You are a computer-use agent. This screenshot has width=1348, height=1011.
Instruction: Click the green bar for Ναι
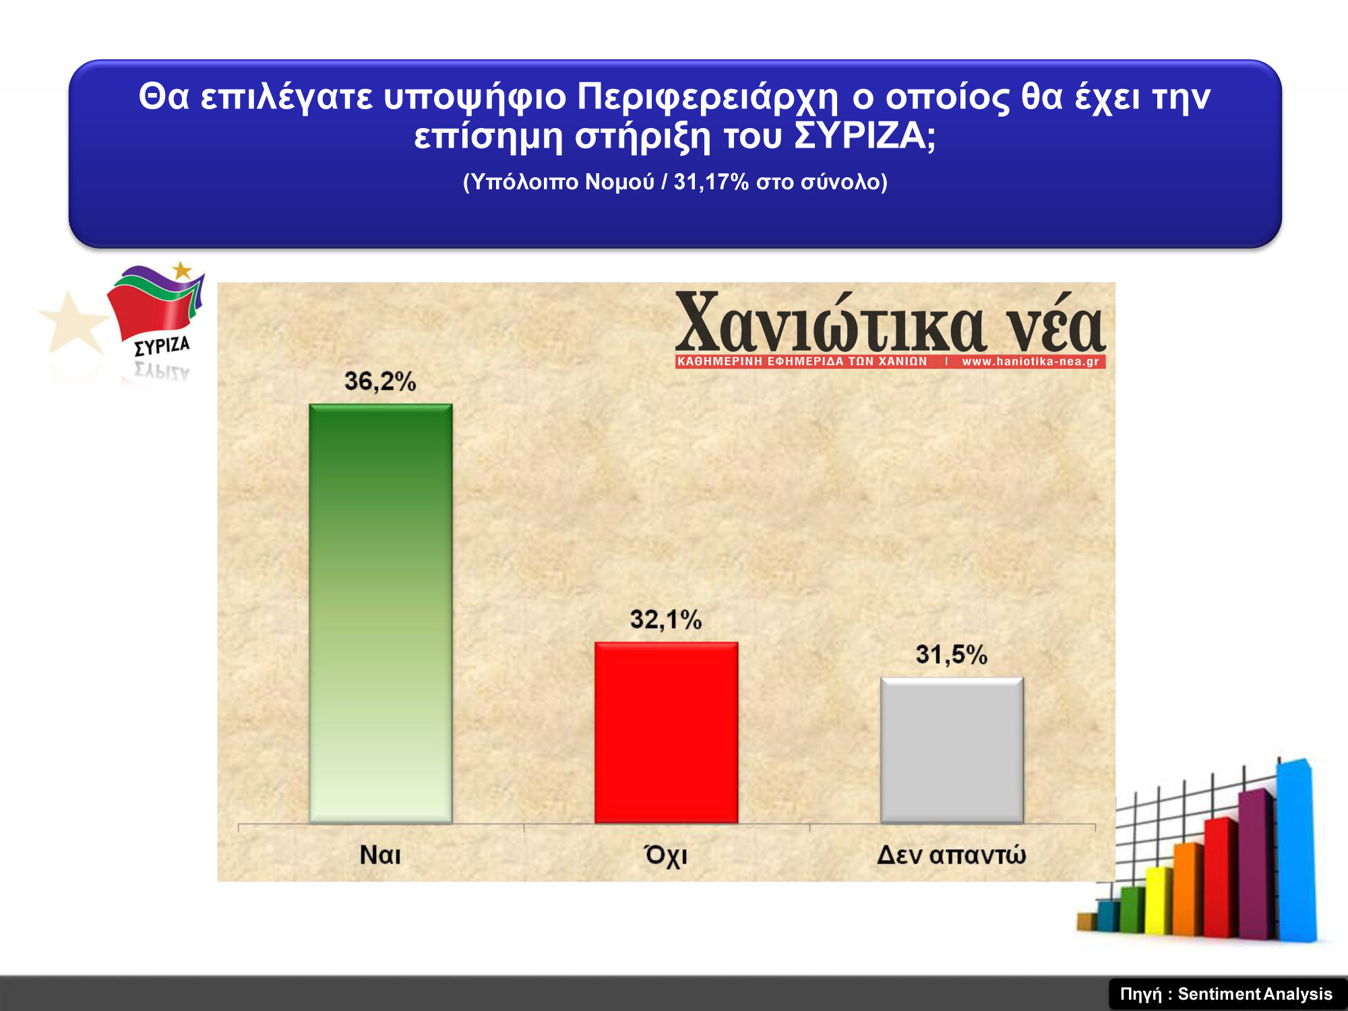381,613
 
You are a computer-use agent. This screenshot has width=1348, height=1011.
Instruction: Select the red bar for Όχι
667,733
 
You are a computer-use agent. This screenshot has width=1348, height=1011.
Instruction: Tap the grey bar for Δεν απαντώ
952,750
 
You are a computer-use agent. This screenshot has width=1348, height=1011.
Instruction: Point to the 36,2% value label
380,381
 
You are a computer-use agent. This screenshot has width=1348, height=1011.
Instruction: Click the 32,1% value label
666,619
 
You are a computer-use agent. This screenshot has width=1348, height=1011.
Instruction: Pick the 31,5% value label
951,654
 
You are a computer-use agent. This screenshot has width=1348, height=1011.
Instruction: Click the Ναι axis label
380,855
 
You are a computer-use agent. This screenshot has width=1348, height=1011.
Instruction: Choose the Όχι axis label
666,855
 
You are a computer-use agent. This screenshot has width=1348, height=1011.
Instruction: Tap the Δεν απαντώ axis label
951,855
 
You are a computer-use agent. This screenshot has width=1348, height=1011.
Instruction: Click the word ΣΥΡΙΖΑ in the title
865,136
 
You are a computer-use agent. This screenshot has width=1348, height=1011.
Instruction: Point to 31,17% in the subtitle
711,182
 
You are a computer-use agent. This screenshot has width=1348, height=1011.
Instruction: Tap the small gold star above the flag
182,270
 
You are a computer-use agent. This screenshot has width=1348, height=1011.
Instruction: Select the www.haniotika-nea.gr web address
1031,361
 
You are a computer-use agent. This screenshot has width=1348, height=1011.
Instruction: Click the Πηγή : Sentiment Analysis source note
1226,994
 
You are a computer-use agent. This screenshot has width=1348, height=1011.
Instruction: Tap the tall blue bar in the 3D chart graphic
1295,851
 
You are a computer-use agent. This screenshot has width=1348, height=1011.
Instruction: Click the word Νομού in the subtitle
619,182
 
